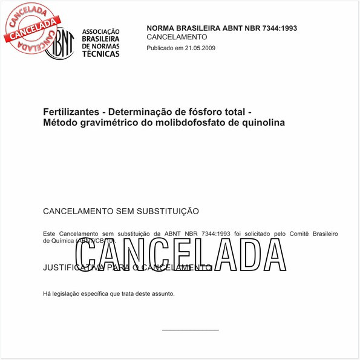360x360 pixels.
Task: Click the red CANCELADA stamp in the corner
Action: tap(33, 27)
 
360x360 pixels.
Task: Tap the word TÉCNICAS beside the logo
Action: tap(100, 54)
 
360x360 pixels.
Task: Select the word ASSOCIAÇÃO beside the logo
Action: tap(100, 31)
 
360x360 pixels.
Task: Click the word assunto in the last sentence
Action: tap(162, 293)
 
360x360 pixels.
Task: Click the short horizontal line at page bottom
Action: tap(190, 330)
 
